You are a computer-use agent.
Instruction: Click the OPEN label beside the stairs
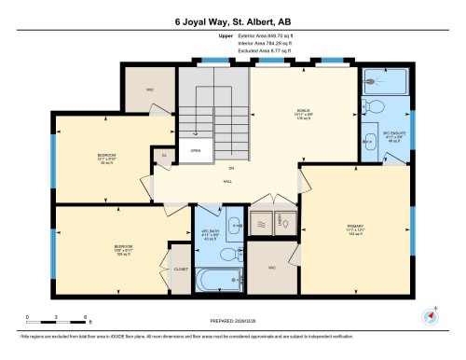click(x=196, y=150)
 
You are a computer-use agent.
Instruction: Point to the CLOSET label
click(x=180, y=269)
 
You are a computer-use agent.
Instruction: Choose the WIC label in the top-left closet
click(x=149, y=90)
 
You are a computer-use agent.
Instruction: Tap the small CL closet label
click(x=164, y=156)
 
